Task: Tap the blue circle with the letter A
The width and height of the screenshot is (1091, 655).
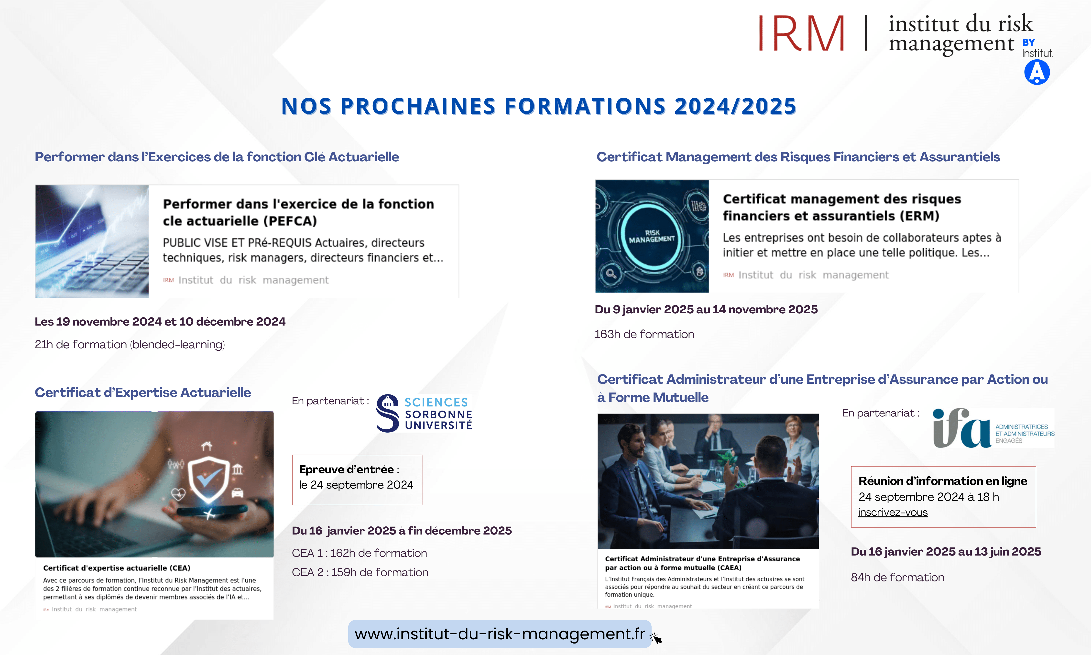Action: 1037,72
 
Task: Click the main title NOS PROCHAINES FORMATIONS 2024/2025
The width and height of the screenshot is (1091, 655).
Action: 538,106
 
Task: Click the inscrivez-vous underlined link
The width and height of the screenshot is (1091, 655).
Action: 892,513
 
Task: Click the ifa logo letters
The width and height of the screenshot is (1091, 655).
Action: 962,428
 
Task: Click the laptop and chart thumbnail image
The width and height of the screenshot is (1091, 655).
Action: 92,241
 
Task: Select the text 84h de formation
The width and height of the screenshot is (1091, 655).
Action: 897,577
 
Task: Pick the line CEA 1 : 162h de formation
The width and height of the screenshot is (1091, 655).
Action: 359,553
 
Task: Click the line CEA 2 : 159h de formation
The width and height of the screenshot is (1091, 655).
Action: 360,572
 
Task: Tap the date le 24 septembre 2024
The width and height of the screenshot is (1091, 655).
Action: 356,485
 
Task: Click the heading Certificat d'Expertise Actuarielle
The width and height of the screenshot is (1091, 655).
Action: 142,392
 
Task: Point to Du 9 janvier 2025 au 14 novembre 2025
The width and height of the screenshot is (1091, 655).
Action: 706,309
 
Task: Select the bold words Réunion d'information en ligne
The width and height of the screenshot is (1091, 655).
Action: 943,481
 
